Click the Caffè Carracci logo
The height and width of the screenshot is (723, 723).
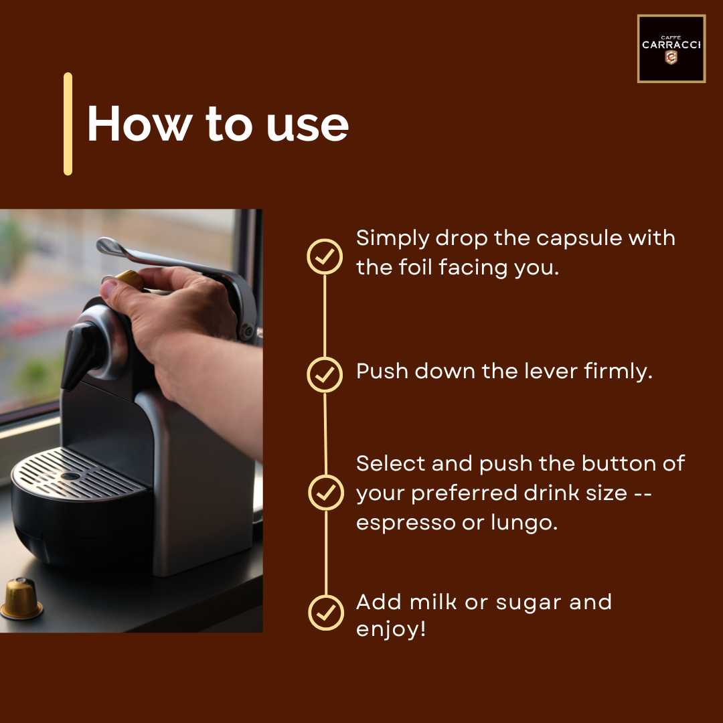click(x=671, y=49)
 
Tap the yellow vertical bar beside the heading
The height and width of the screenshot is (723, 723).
click(x=68, y=124)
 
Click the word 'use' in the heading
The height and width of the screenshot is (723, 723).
click(x=307, y=125)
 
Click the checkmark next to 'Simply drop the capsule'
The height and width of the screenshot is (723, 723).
click(x=325, y=256)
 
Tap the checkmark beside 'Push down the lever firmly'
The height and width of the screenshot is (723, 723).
click(x=325, y=374)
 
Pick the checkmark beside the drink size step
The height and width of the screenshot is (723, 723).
click(x=326, y=493)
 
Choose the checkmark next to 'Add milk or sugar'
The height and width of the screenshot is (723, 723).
click(x=326, y=613)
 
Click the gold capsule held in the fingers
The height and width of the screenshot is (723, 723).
click(x=130, y=279)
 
